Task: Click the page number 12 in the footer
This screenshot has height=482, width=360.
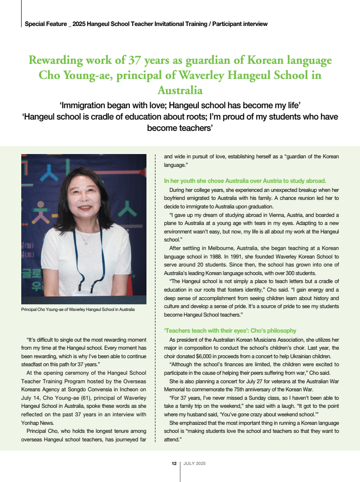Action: coord(174,464)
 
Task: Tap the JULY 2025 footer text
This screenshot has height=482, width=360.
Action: coord(195,464)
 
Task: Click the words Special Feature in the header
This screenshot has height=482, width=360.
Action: coord(45,24)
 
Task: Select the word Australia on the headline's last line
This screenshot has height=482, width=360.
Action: coord(180,90)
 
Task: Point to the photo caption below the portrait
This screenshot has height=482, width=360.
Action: coord(78,310)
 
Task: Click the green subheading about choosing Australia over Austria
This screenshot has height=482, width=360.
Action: coord(245,181)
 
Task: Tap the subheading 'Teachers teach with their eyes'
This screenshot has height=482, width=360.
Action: coord(230,330)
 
